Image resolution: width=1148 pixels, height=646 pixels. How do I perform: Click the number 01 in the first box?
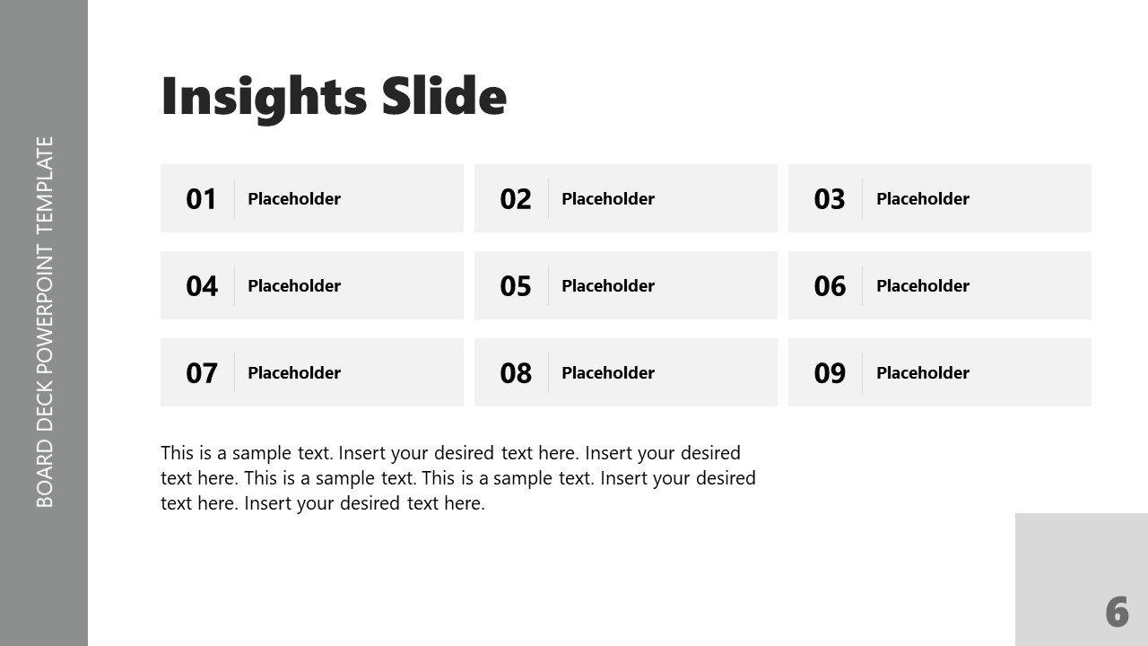click(x=201, y=199)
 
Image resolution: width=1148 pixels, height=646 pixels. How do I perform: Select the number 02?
click(x=516, y=199)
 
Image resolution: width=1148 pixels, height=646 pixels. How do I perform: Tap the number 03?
click(x=830, y=199)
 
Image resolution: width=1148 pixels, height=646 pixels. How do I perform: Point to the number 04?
click(x=202, y=286)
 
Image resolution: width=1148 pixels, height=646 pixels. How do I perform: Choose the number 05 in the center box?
click(x=516, y=286)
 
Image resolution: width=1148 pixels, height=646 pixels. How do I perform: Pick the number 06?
click(x=830, y=286)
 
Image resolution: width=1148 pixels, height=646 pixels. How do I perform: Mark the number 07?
click(x=202, y=373)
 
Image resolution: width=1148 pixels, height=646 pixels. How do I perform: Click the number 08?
click(x=516, y=373)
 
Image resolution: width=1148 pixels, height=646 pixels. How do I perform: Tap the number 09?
click(x=830, y=373)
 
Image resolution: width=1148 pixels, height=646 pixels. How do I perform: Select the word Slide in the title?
click(x=444, y=96)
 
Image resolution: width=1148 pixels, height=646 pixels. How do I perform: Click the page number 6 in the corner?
click(x=1117, y=613)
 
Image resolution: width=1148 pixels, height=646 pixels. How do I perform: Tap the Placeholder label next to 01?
click(x=294, y=199)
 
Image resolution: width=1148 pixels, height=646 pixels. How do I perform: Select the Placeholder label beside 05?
click(x=608, y=286)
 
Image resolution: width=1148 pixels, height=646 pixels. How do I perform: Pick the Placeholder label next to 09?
click(x=923, y=373)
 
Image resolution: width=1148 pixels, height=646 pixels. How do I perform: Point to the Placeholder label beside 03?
click(x=923, y=199)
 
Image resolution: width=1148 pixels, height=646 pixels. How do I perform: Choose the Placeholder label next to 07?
click(x=294, y=373)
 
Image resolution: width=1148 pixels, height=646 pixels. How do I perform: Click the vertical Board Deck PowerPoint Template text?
click(x=45, y=321)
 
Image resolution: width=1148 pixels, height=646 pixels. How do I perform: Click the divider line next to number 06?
click(x=863, y=285)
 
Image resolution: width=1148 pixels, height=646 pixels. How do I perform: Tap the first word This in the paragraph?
click(x=178, y=453)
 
